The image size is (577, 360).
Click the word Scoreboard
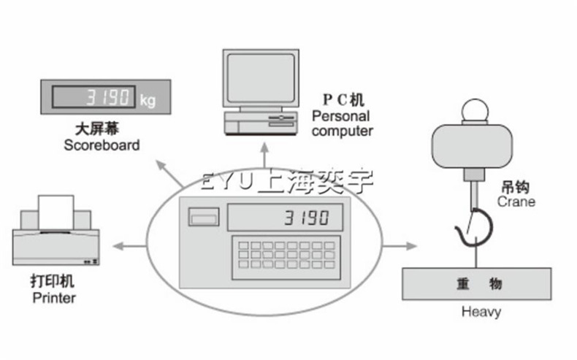[x=102, y=145]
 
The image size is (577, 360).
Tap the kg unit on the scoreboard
[x=148, y=97]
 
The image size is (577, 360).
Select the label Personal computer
[x=342, y=123]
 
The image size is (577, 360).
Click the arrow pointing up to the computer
[x=264, y=156]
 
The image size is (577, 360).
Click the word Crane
[x=516, y=202]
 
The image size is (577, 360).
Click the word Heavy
[x=481, y=313]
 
